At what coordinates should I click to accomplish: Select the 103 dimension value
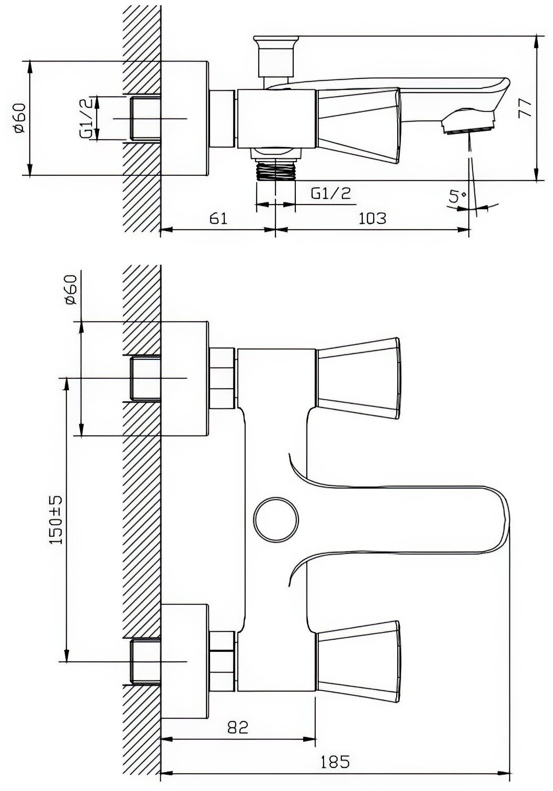373,217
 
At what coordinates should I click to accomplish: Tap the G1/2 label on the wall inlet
88,118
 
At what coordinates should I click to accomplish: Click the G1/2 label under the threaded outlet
330,194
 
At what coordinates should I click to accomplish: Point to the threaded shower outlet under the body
275,170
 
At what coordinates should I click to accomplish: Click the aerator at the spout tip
467,126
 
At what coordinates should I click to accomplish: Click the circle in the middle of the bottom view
275,519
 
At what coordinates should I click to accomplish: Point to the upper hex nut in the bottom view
223,378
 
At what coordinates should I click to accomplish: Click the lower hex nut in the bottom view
223,661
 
